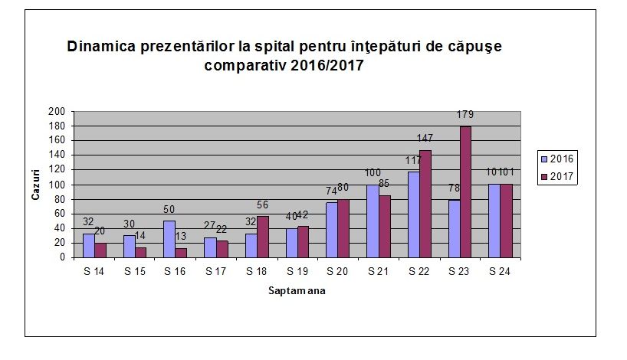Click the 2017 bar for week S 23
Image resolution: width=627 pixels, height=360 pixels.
click(x=465, y=191)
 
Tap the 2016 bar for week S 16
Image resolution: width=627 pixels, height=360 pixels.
click(x=169, y=239)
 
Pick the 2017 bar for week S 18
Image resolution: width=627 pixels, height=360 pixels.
click(x=263, y=237)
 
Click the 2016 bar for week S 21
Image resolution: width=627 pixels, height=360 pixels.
click(x=373, y=221)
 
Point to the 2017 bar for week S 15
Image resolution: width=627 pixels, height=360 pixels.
click(x=141, y=252)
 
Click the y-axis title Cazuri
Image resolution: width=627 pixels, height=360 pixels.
click(x=35, y=185)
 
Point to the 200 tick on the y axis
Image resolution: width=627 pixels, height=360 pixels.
click(x=56, y=111)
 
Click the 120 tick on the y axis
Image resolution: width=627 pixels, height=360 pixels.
click(x=56, y=169)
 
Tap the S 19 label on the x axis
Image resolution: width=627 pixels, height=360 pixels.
click(x=295, y=271)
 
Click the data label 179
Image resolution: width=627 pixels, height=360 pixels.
click(x=465, y=115)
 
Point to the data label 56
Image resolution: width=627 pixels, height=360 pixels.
click(x=264, y=205)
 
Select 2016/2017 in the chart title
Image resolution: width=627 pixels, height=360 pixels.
click(x=327, y=66)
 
